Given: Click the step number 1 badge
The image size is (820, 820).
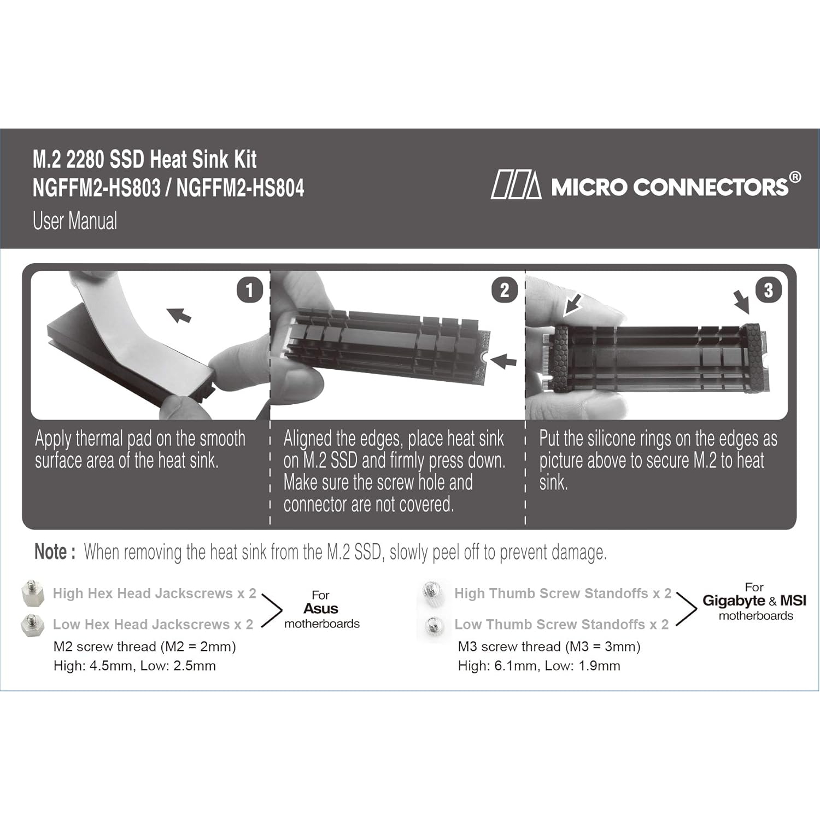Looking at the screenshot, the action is click(x=250, y=290).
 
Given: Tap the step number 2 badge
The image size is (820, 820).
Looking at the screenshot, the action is click(x=505, y=290).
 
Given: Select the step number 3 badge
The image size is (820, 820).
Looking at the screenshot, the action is click(x=768, y=290).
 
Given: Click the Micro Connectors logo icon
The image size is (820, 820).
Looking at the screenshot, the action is click(x=516, y=185).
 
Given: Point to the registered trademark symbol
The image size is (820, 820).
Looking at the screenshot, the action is click(x=795, y=177).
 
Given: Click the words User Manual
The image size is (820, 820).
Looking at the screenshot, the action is click(x=75, y=221).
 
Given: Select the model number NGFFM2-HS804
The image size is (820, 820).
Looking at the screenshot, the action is click(x=240, y=188).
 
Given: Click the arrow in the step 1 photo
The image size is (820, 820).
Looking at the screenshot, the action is click(x=179, y=315).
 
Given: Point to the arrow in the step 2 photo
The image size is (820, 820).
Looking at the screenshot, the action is click(x=503, y=360).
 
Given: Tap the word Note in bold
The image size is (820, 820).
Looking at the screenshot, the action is click(x=51, y=552).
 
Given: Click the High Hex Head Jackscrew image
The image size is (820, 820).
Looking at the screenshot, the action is click(x=32, y=593).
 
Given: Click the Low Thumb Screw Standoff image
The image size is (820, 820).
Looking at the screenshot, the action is click(x=434, y=624).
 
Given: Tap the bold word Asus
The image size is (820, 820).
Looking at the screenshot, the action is click(x=321, y=608).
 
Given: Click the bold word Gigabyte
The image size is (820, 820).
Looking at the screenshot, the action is click(x=734, y=601).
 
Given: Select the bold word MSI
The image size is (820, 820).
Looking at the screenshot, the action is click(x=793, y=600).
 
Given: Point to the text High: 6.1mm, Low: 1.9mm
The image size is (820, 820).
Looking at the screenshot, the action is click(x=539, y=666).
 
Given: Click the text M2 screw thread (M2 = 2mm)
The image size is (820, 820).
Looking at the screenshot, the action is click(x=145, y=647).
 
